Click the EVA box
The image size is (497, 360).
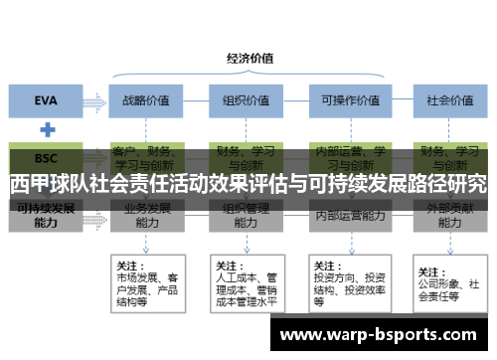point(46,99)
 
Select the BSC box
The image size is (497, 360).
point(46,157)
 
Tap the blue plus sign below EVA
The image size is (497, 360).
point(46,129)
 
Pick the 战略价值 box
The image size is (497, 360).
point(146,99)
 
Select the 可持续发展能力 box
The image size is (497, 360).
point(46,217)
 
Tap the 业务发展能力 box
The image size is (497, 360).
point(146,217)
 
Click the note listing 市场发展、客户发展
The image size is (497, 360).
point(146,280)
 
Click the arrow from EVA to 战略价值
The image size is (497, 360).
point(99,99)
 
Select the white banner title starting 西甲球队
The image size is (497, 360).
point(248,184)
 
